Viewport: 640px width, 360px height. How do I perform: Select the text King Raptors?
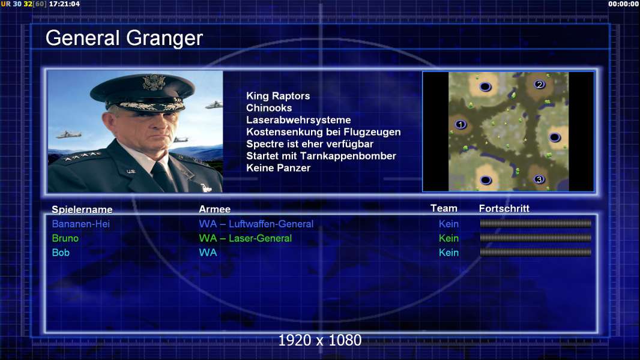tap(278, 96)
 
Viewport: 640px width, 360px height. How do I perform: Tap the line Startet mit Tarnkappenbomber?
tap(321, 156)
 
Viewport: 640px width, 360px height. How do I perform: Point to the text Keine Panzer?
tap(279, 168)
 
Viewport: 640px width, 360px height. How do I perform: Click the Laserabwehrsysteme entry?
tap(298, 120)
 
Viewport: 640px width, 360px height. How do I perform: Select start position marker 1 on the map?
tap(460, 124)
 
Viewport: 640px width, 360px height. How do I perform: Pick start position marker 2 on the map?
tap(540, 85)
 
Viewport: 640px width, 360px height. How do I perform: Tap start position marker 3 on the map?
tap(539, 179)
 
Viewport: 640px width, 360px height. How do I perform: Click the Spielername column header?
tap(82, 209)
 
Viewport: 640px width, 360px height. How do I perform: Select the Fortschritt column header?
tap(504, 209)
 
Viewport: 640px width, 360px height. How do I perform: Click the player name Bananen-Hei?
tap(81, 224)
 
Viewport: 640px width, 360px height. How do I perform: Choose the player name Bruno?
tap(65, 238)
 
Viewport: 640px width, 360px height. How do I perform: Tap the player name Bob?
tap(61, 253)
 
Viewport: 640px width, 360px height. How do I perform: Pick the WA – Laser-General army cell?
tap(246, 238)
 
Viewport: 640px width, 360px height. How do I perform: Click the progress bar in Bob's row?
tap(536, 253)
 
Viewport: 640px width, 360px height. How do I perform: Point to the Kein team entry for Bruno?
tap(448, 238)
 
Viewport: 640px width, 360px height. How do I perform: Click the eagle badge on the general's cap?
tap(154, 82)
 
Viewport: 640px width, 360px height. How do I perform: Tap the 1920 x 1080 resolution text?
tap(320, 340)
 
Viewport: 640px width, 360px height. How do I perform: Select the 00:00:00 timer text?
tap(623, 4)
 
